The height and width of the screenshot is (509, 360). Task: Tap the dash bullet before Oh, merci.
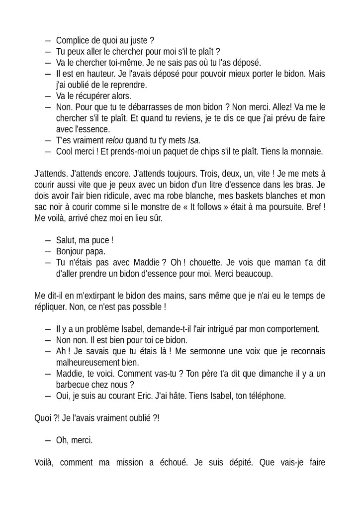48,440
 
